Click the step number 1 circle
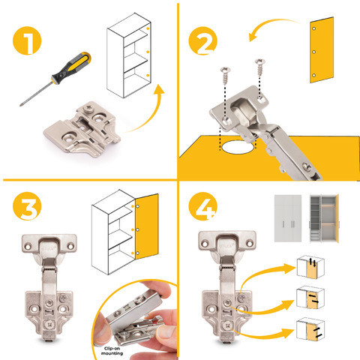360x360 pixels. click(x=27, y=40)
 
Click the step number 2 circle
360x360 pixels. click(x=202, y=40)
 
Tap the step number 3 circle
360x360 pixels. click(x=27, y=206)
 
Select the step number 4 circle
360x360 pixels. click(x=202, y=206)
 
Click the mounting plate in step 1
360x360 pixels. click(x=82, y=129)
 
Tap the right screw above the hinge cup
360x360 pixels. click(x=260, y=67)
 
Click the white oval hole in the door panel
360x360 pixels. click(x=236, y=147)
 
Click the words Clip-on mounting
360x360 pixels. click(x=112, y=351)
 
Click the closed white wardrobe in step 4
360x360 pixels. click(x=288, y=218)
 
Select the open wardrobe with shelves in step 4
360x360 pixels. click(x=324, y=218)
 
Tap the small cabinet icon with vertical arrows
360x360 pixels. click(x=310, y=267)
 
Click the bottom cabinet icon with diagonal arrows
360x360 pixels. click(x=310, y=329)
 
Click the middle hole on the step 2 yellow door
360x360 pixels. click(x=314, y=52)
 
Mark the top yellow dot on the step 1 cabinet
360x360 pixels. click(x=148, y=28)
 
